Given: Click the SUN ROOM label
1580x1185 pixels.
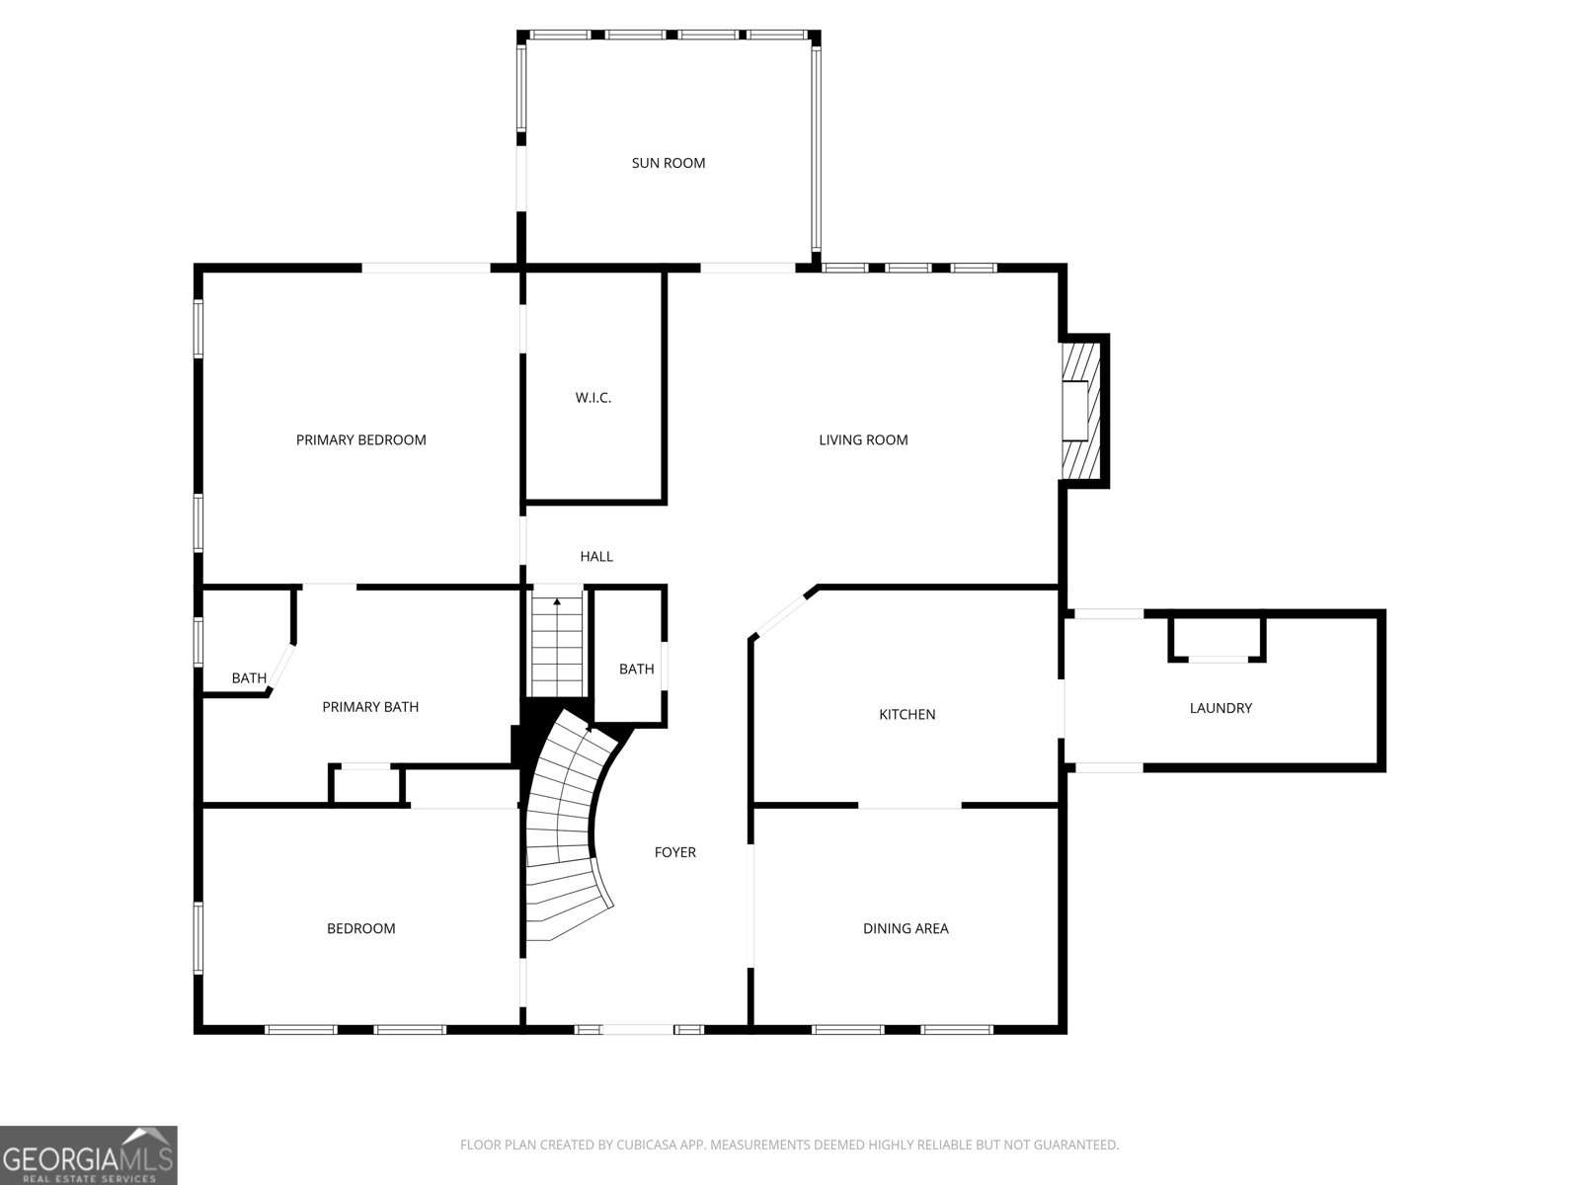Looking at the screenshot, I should coord(669,163).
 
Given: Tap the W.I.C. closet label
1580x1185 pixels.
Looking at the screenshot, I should coord(593,398).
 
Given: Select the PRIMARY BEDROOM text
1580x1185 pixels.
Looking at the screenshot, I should coord(360,439).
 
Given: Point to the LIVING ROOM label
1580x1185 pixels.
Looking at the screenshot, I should coord(863,439).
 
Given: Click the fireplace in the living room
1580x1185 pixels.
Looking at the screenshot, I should coord(1080,410).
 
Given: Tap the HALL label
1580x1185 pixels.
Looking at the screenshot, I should coord(596,556).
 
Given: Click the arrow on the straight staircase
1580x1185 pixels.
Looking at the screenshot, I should coord(557,601).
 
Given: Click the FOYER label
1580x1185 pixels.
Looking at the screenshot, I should coord(675,852).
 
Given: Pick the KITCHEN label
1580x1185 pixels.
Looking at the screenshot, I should coord(907,714).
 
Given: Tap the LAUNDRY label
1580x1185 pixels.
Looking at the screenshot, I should coord(1221,708).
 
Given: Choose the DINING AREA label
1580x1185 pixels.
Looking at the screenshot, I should coord(906,928).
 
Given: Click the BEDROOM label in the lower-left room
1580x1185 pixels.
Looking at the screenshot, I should coord(360,928).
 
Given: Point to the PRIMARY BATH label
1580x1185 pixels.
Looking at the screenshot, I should coord(370,706).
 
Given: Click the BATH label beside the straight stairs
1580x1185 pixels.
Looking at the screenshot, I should coord(636,669).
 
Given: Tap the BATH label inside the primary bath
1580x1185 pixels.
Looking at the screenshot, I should coord(249,677).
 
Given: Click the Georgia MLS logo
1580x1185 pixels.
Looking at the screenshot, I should coord(89,1155).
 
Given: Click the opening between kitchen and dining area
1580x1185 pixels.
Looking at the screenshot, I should coord(908,807).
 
